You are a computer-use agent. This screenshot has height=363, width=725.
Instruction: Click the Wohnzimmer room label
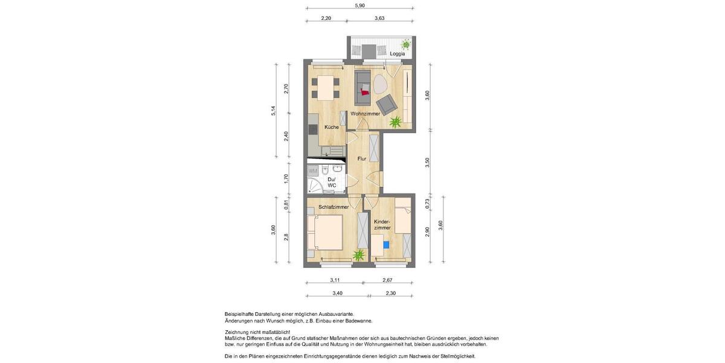(366, 114)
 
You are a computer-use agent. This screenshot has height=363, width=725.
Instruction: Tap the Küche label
(331, 127)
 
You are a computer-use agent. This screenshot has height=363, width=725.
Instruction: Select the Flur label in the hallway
(362, 159)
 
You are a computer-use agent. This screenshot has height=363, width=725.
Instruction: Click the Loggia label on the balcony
(397, 54)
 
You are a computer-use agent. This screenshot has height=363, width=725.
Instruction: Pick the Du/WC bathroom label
(332, 182)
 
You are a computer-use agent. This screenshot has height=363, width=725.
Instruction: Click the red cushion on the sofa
(364, 92)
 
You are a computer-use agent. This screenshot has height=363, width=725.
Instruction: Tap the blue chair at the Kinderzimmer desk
(386, 244)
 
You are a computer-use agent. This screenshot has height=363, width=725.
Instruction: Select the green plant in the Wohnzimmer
(395, 123)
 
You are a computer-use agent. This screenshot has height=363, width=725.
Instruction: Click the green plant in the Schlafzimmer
(359, 255)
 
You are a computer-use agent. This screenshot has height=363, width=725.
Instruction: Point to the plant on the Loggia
(406, 44)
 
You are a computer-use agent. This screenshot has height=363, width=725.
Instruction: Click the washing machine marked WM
(313, 171)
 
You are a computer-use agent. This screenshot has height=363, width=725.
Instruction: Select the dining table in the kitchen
(326, 88)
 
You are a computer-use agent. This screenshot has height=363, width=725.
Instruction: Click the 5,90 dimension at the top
(359, 5)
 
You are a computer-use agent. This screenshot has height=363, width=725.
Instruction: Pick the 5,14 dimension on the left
(273, 110)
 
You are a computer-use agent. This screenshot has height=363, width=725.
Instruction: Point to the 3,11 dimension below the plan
(335, 280)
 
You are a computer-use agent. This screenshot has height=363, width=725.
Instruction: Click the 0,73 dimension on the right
(427, 203)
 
